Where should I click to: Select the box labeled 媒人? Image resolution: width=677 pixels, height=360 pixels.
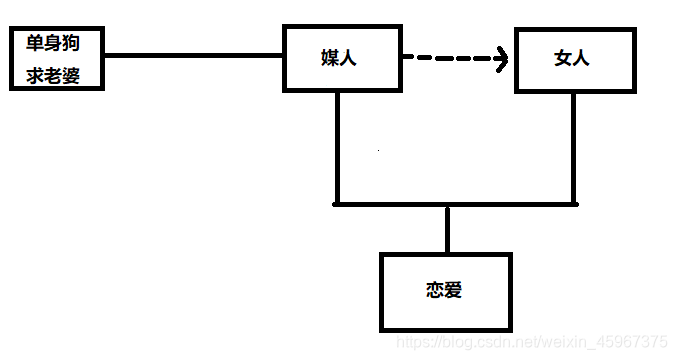[x=343, y=59]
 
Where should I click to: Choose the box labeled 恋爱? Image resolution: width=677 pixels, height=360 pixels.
[x=445, y=292]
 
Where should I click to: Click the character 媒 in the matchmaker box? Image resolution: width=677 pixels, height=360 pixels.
[x=332, y=59]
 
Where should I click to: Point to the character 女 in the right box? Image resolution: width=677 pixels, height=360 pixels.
[x=563, y=59]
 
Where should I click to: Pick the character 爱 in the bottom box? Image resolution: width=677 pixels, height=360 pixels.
[x=455, y=292]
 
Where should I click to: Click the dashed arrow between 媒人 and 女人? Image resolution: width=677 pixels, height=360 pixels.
[x=450, y=59]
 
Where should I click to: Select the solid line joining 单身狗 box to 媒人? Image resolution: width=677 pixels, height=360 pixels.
[x=195, y=55]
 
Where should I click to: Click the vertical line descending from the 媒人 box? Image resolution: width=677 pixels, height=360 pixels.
[x=337, y=150]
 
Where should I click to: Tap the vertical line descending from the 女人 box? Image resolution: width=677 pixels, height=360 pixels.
[x=574, y=150]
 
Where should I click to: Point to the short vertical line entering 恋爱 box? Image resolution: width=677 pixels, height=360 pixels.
[x=447, y=230]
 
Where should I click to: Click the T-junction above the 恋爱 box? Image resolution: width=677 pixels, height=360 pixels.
[x=447, y=205]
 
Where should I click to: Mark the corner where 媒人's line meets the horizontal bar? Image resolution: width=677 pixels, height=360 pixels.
[x=337, y=204]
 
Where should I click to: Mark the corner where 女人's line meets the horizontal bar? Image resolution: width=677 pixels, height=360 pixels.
[x=574, y=204]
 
